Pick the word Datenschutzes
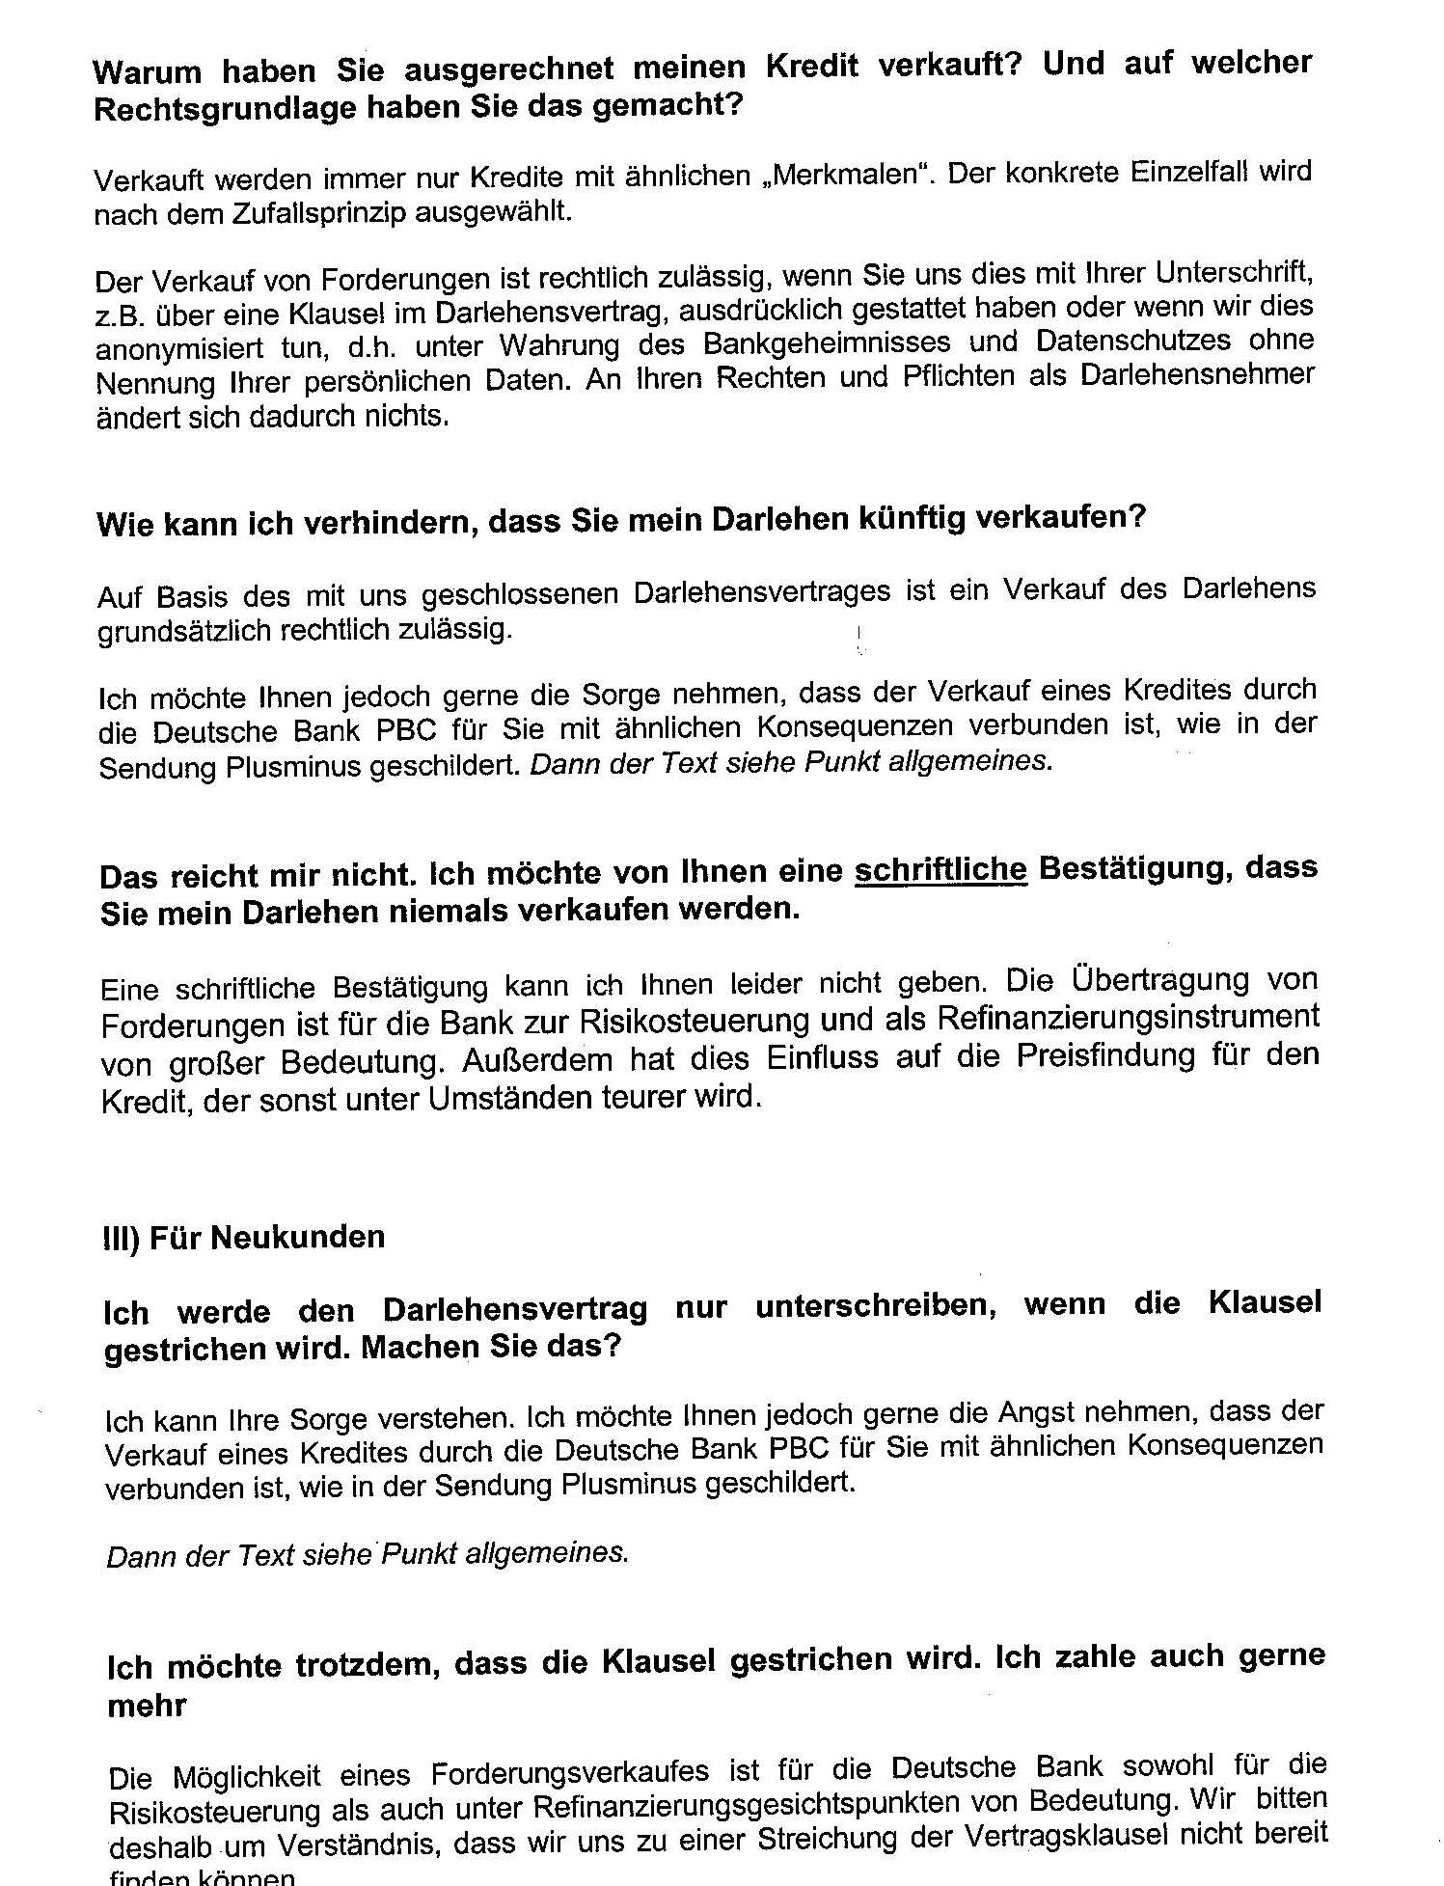click(1132, 340)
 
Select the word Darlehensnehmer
click(1196, 374)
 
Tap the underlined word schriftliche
click(940, 870)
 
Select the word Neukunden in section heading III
click(297, 1238)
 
